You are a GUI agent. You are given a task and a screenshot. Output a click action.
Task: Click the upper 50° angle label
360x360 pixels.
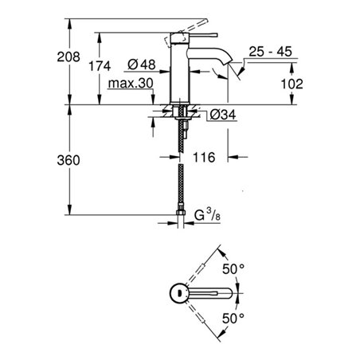click(233, 269)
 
